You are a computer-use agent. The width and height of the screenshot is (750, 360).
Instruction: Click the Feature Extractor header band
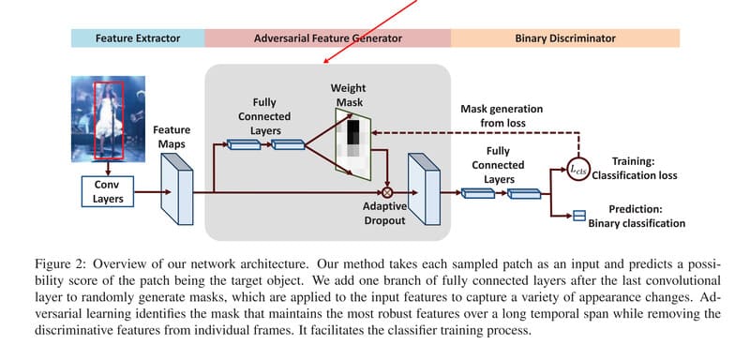tap(139, 38)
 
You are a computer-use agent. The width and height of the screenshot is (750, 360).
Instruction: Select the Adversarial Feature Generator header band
tap(328, 38)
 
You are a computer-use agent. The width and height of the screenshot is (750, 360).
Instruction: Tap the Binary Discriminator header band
tap(565, 38)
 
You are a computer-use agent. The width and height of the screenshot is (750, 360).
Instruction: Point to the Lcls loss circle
tap(577, 170)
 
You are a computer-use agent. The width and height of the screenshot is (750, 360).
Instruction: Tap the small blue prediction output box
tap(578, 216)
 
